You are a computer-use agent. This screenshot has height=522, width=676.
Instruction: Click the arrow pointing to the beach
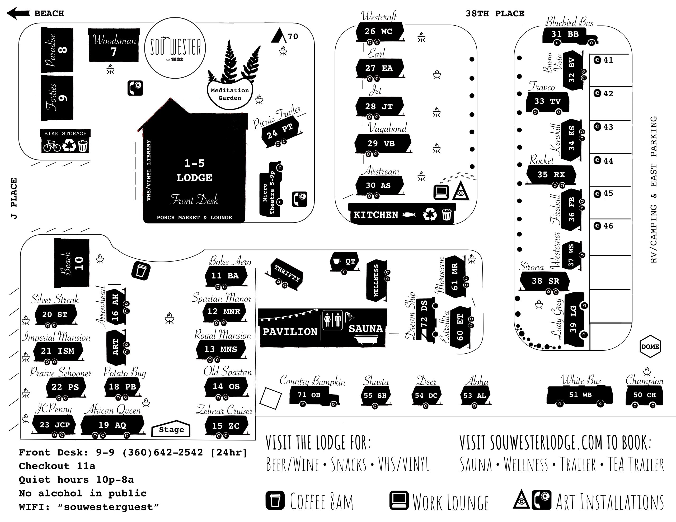(18, 13)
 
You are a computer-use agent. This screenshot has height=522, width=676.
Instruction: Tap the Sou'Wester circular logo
(175, 48)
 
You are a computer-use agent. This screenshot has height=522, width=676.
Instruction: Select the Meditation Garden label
(230, 94)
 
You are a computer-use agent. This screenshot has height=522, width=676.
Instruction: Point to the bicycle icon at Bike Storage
(52, 146)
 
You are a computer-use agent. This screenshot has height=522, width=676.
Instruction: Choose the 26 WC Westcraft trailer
(379, 32)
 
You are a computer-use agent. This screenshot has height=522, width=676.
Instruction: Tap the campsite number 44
(603, 161)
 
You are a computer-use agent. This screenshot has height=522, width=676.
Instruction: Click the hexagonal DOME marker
(650, 347)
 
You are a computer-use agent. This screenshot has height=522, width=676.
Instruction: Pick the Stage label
(171, 429)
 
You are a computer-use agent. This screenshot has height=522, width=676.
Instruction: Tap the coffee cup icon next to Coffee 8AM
(275, 500)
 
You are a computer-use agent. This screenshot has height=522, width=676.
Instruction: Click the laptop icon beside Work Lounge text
(399, 500)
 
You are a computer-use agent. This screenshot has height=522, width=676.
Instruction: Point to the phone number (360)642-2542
(162, 452)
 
